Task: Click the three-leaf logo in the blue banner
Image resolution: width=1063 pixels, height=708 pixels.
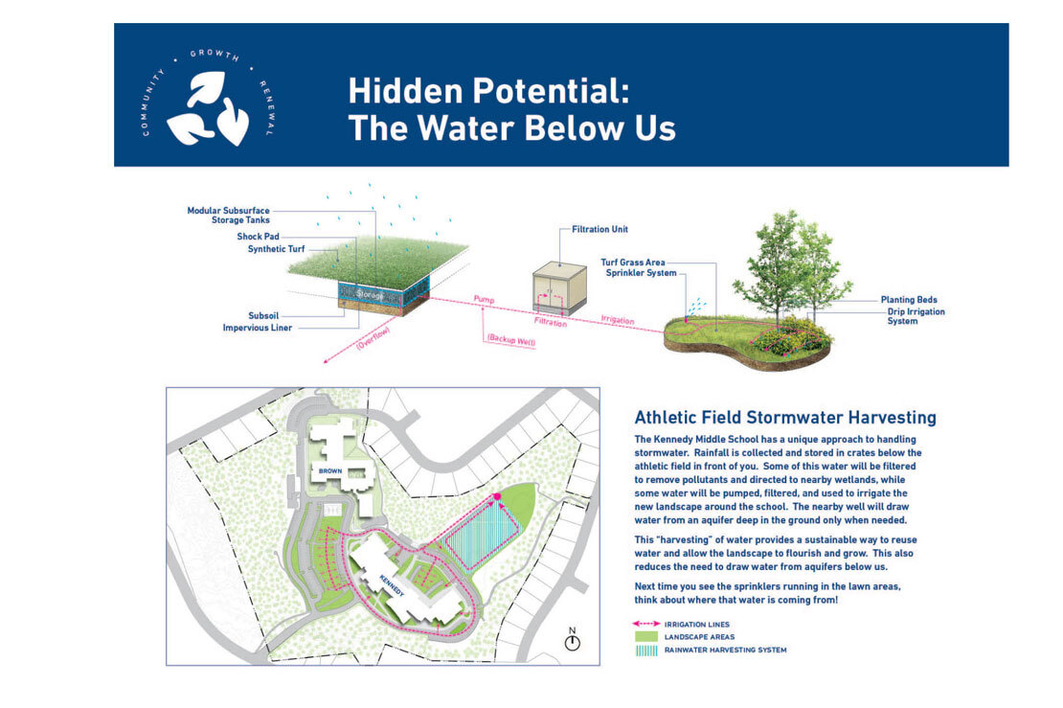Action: (208, 108)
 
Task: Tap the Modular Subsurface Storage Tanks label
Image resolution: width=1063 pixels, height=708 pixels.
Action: (229, 215)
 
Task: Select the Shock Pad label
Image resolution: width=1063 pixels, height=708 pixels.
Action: (258, 237)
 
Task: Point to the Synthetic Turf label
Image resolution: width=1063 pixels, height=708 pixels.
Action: (276, 249)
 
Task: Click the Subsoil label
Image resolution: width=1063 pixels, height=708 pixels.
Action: (263, 315)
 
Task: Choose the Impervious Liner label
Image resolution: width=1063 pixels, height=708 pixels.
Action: (257, 328)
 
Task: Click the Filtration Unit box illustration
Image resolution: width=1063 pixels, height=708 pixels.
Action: (558, 289)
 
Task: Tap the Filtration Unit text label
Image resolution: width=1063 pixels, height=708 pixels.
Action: (599, 229)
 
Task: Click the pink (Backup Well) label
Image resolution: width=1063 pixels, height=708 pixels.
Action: (511, 340)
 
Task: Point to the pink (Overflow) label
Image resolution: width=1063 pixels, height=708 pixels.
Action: (373, 339)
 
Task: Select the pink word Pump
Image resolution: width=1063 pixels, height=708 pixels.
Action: (484, 299)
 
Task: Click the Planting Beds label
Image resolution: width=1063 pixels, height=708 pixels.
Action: (909, 299)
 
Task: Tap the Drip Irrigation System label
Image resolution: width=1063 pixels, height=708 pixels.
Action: (916, 316)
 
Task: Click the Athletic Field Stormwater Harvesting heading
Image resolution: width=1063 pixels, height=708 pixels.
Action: (785, 417)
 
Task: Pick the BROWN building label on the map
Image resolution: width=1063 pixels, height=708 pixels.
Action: (330, 470)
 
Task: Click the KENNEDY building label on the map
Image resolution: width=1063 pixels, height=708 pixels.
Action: (392, 586)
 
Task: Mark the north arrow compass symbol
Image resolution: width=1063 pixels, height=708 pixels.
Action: (572, 641)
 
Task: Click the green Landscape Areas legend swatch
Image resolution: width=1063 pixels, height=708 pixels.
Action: (646, 637)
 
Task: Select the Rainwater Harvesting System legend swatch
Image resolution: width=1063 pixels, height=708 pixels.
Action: (646, 651)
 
